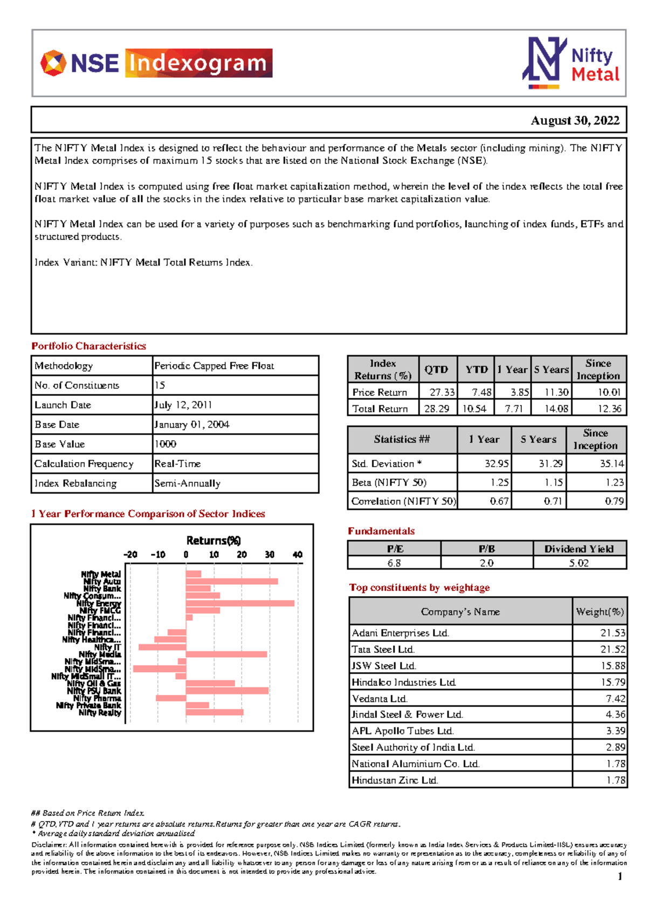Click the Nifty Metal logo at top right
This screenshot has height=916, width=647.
(572, 64)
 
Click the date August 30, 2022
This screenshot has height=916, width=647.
(575, 120)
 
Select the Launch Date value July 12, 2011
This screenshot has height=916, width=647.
(183, 405)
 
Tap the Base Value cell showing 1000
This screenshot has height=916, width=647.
(166, 444)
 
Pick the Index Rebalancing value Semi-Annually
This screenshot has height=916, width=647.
(187, 483)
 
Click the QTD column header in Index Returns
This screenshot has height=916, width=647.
(436, 370)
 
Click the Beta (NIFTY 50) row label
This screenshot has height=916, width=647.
(389, 482)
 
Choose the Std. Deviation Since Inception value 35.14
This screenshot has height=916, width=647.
(611, 463)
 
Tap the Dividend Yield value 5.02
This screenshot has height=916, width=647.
(579, 563)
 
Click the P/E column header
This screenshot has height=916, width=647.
(395, 549)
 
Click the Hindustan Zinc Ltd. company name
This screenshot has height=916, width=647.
(395, 780)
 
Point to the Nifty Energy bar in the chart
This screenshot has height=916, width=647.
(240, 603)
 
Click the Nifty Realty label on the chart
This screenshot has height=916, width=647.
(100, 713)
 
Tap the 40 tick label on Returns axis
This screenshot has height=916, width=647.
(297, 555)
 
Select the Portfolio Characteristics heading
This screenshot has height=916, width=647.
(88, 346)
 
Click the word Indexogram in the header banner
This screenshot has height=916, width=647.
(198, 63)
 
